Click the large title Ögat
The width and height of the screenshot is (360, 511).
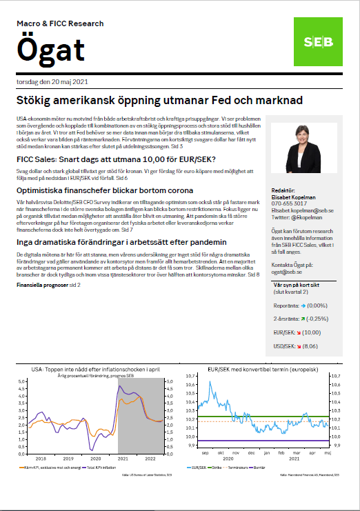click(x=51, y=50)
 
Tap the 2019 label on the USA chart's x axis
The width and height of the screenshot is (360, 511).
click(x=68, y=458)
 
